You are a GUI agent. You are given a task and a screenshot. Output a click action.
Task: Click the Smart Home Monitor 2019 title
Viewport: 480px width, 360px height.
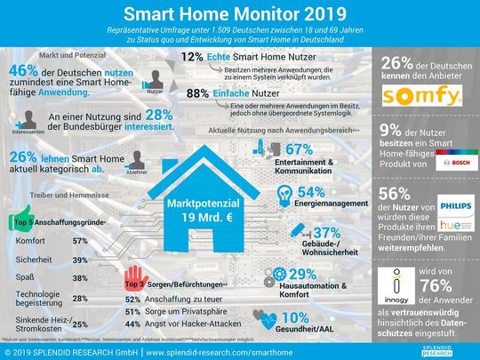click(x=239, y=15)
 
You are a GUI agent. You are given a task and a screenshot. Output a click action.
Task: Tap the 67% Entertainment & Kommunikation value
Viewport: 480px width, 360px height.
click(x=299, y=151)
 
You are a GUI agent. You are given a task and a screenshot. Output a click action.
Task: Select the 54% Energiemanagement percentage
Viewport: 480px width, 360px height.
click(x=309, y=192)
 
